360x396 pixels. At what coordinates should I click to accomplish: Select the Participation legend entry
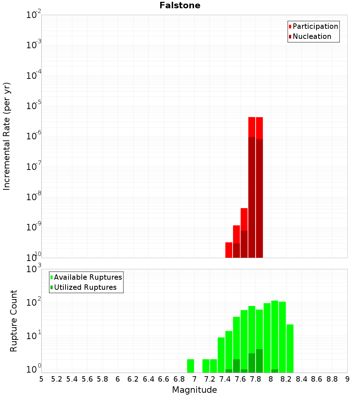315,27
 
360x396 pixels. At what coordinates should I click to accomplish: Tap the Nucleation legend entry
311,37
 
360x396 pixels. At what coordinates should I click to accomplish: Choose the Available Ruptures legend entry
87,278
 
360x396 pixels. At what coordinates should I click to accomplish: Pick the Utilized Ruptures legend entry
85,288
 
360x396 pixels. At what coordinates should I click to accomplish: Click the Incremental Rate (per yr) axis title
7,136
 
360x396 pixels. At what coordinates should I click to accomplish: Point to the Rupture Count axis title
14,321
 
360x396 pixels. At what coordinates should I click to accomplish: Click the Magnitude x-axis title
194,390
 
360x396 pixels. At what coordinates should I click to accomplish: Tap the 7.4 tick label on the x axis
225,379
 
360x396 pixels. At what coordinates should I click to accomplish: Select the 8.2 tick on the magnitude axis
286,379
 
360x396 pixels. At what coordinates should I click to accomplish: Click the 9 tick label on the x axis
347,379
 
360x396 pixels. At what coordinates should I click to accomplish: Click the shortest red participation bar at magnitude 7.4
229,250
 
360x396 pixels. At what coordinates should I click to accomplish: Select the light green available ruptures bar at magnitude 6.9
190,366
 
